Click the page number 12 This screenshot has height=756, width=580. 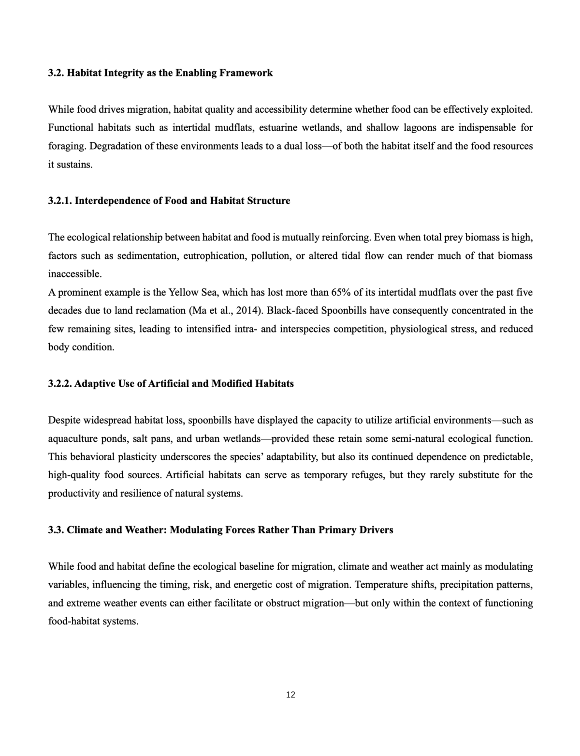(290, 695)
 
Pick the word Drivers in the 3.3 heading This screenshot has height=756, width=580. (376, 530)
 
